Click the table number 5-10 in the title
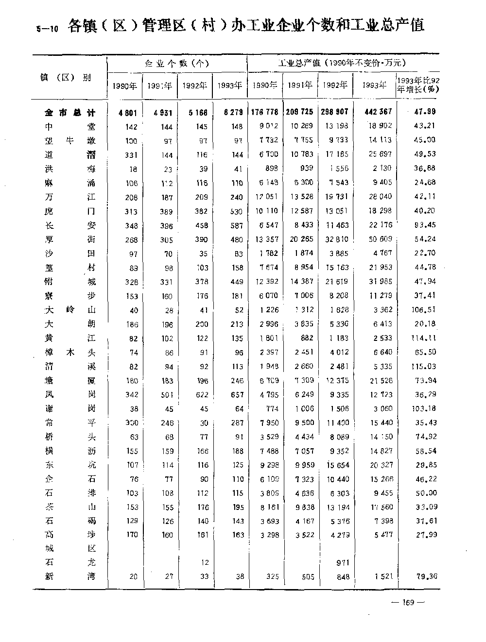click(x=48, y=28)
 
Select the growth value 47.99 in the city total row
click(x=425, y=112)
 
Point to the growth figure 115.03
click(x=424, y=367)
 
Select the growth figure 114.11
click(x=424, y=338)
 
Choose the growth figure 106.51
click(x=424, y=310)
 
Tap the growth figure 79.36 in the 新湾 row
click(x=426, y=576)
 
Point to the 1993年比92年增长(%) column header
click(x=418, y=85)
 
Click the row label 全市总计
click(x=69, y=113)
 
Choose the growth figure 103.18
click(x=424, y=409)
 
